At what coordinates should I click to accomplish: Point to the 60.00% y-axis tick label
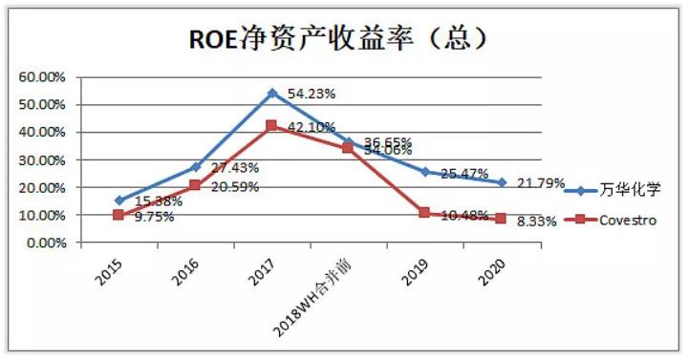coord(39,76)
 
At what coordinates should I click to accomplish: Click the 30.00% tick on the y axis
coord(39,160)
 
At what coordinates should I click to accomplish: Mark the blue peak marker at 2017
coord(271,93)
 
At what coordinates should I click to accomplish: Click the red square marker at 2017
coord(271,126)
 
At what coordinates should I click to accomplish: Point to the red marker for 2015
coord(118,216)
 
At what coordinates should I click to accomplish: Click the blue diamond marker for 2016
coord(195,167)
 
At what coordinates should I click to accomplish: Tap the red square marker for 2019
coord(424,213)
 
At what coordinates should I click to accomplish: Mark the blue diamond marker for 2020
coord(501,181)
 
